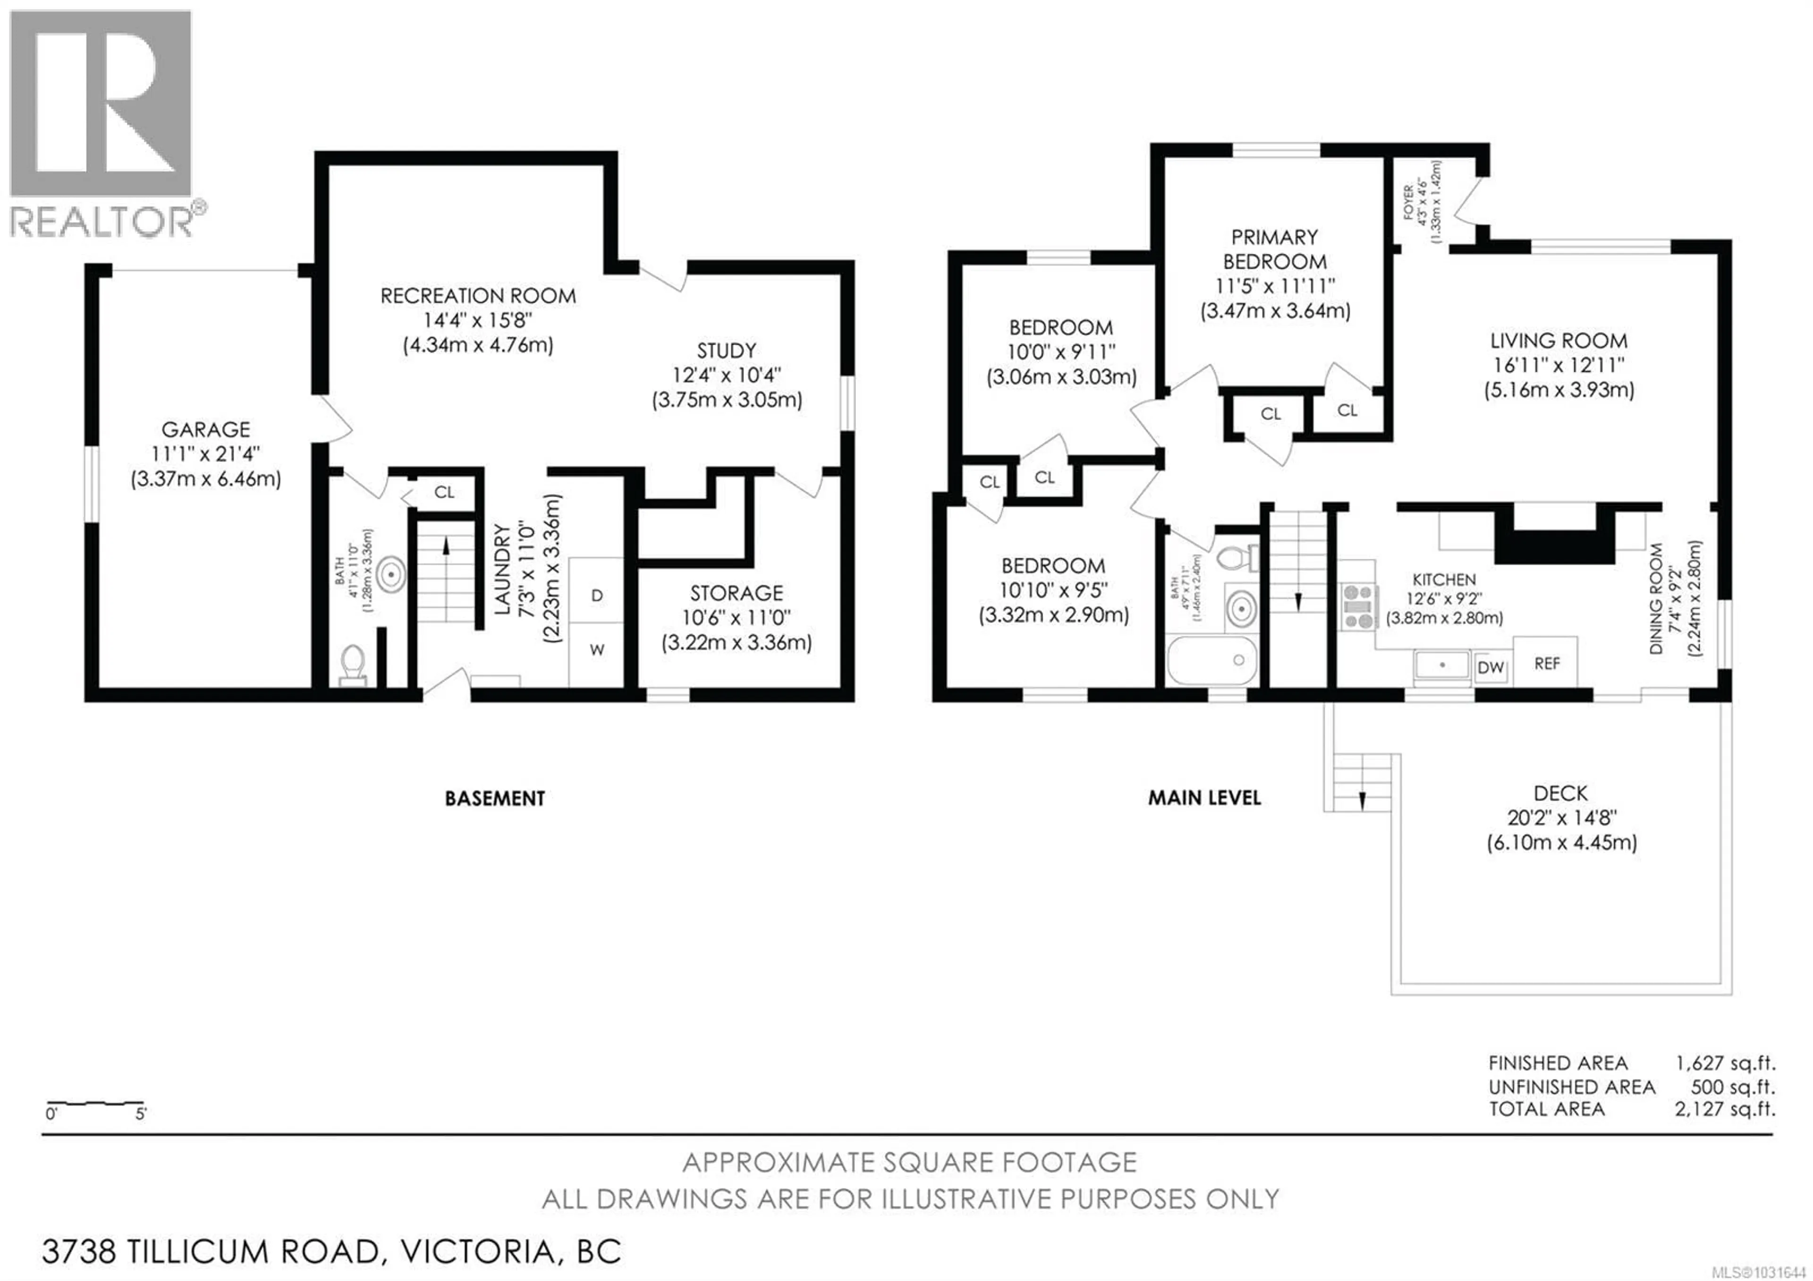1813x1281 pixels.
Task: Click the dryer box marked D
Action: (596, 596)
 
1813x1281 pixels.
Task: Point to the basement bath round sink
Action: (391, 574)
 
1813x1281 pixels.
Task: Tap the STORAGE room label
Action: (736, 593)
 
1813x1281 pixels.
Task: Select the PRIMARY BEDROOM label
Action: (1274, 249)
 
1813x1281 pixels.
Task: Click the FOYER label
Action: (1409, 203)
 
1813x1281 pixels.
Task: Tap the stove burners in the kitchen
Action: (1358, 606)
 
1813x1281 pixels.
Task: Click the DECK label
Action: (1560, 793)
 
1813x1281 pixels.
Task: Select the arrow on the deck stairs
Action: (1361, 801)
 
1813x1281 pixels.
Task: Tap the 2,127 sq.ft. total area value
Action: (1725, 1109)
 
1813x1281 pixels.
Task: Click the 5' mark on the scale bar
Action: (141, 1114)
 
